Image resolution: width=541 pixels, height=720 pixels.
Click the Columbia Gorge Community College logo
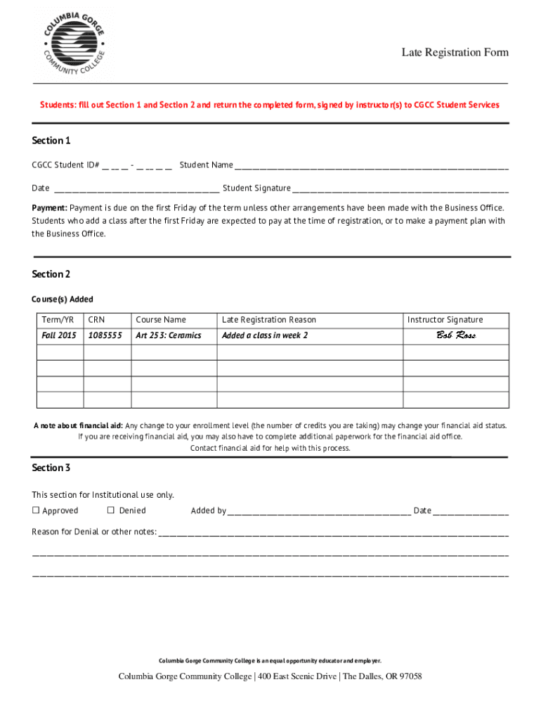coord(74,43)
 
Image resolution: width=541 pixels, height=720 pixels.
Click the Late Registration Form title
coord(455,53)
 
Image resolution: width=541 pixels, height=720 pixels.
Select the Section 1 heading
coord(51,141)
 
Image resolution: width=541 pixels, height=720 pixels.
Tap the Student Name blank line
coord(371,167)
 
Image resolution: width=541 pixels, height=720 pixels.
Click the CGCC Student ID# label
coord(65,165)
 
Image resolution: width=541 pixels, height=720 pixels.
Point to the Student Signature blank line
coord(400,189)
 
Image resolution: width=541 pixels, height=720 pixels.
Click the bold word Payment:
coord(49,208)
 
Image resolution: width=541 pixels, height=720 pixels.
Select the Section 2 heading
coord(51,274)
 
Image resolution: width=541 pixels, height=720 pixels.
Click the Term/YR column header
coord(58,320)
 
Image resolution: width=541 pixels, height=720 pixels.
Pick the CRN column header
coord(96,320)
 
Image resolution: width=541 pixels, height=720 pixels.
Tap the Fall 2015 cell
coord(59,335)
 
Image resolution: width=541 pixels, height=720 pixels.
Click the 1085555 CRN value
coord(105,335)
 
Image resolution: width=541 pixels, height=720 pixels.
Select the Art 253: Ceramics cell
coord(169,335)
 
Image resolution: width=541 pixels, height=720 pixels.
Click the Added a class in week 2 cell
coord(265,335)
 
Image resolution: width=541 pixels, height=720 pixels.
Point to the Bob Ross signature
coord(456,335)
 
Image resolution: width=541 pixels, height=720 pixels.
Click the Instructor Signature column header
coord(445,320)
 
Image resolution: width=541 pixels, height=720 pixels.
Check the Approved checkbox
coord(35,511)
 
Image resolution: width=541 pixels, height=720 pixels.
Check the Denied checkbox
coord(110,510)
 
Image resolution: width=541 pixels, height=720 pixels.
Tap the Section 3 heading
coord(51,468)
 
